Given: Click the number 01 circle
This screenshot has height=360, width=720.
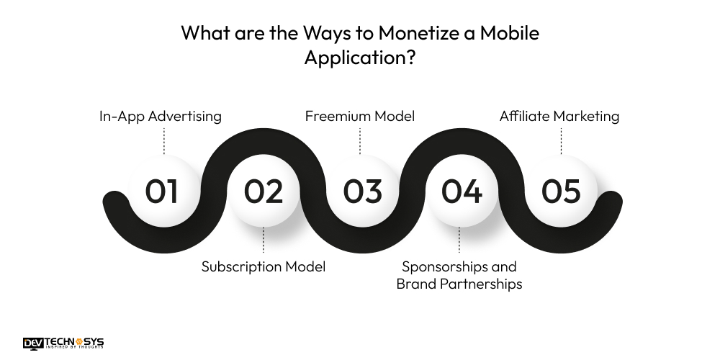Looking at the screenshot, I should [x=162, y=192].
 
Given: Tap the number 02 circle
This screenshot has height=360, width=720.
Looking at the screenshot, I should [x=263, y=192].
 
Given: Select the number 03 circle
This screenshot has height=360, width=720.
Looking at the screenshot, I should [x=362, y=192].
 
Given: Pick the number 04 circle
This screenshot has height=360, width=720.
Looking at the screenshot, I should [x=462, y=192].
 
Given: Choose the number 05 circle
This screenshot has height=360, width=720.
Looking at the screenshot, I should [x=561, y=192].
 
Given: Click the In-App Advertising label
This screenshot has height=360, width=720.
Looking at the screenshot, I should [x=160, y=116].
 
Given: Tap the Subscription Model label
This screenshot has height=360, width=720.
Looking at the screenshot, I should [x=263, y=266].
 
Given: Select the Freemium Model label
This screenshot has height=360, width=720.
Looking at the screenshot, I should [x=360, y=116].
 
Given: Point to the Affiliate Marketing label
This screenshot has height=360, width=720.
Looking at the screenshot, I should [x=559, y=116].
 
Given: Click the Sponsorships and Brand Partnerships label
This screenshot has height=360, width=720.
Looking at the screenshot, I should [x=459, y=275].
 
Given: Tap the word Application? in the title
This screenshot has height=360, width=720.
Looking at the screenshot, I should [x=359, y=58].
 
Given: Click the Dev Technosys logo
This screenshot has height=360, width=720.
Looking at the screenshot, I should [x=63, y=343].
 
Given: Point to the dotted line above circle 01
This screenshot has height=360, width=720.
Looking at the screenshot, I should [x=164, y=141].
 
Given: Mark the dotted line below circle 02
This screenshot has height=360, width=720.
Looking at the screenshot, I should [x=263, y=240].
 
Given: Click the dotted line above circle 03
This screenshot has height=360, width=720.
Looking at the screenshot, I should [x=360, y=141].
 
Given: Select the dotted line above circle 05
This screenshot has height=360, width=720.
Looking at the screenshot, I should [x=561, y=141].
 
